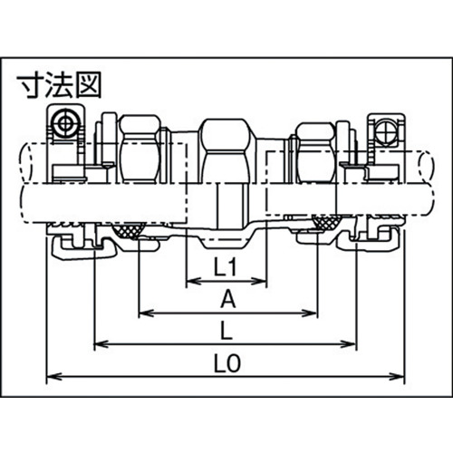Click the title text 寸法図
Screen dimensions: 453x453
click(59, 85)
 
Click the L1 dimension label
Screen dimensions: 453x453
click(225, 267)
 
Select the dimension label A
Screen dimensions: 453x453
click(227, 299)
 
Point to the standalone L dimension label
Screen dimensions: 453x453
click(226, 331)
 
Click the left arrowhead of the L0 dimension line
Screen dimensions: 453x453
click(54, 376)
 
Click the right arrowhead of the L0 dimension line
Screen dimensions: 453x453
click(396, 376)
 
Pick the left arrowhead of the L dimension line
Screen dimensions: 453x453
click(101, 343)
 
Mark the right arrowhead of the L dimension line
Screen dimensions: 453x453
click(349, 343)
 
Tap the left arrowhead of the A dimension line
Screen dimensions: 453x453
click(147, 313)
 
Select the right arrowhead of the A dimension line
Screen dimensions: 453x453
click(310, 313)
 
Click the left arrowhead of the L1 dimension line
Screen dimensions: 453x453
click(194, 282)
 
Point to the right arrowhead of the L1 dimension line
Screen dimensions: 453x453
click(259, 282)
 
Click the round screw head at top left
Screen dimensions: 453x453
click(64, 123)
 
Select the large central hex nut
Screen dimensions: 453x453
click(226, 151)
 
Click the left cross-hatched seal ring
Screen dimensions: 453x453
click(130, 230)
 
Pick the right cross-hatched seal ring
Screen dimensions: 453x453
click(327, 223)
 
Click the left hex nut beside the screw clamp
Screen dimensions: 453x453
click(140, 149)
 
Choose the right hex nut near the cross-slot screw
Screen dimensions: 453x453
click(316, 153)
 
